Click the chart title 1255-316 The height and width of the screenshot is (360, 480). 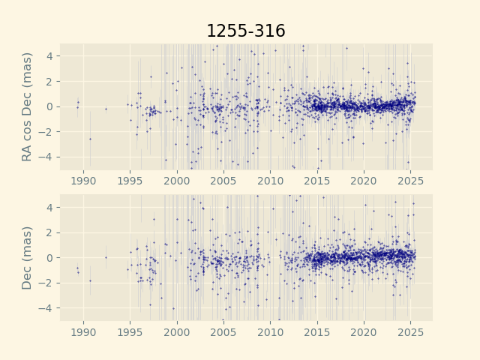[x=246, y=31]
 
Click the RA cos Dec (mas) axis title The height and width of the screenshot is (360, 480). [x=28, y=106]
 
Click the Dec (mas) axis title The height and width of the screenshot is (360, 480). [x=28, y=257]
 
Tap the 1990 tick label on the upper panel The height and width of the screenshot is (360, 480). [x=83, y=181]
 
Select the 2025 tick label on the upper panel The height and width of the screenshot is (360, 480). [x=411, y=181]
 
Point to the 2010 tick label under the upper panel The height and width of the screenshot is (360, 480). [x=271, y=181]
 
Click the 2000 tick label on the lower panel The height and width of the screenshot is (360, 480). [x=177, y=332]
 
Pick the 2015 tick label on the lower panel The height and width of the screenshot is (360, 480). [x=317, y=332]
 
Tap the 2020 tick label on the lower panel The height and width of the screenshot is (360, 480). [x=364, y=332]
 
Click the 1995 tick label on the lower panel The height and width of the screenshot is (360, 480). [x=130, y=332]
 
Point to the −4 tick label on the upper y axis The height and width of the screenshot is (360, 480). [x=46, y=157]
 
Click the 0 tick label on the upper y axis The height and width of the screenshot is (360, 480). [x=50, y=106]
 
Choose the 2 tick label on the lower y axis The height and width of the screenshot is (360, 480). [x=50, y=232]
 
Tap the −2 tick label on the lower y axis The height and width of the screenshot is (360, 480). [x=46, y=283]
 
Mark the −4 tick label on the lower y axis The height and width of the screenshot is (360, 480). [x=46, y=308]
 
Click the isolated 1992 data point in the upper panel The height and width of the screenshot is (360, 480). [x=106, y=109]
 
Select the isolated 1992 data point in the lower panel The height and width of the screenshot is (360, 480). [x=106, y=257]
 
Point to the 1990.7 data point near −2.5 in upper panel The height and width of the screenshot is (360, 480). [x=90, y=139]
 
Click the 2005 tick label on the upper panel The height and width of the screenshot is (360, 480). [x=223, y=181]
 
